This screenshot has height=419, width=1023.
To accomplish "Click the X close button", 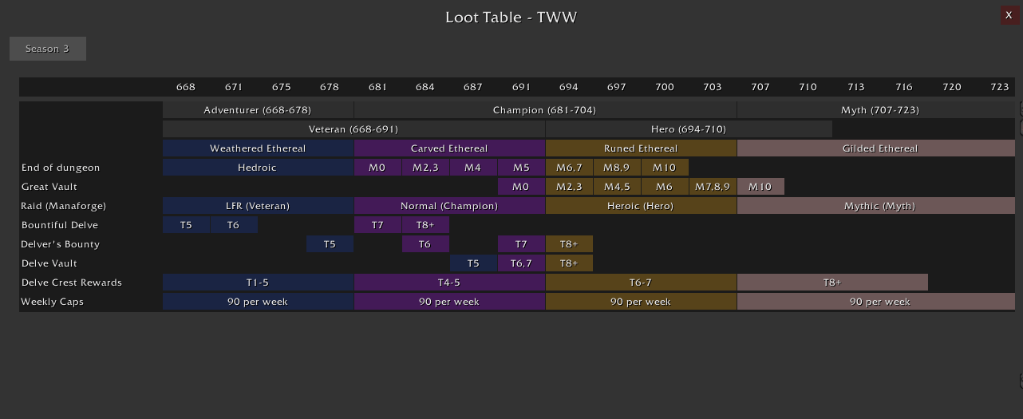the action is coord(1009,15).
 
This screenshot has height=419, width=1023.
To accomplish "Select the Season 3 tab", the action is coord(48,49).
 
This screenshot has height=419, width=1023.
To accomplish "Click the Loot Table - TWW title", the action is coord(511,18).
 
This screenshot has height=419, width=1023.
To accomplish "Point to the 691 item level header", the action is coord(521,87).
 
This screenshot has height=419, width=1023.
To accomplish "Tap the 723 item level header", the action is coord(1000,87).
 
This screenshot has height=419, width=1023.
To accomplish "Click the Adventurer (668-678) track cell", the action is coord(258,110).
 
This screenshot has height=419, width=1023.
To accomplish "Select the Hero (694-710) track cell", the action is coord(689,129).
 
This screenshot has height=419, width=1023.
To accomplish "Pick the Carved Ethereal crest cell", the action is coord(449,148).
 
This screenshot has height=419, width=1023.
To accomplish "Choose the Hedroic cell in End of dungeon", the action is coord(258,168).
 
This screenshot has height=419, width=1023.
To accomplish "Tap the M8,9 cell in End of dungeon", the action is coord(617,168).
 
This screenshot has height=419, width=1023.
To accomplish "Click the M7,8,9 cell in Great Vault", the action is coord(713,187).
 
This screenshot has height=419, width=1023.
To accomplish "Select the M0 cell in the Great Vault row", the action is coord(521,187).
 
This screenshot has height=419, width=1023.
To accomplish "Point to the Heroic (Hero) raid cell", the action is coord(641,206).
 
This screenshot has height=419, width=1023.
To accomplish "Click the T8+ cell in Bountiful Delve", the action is coord(425,225).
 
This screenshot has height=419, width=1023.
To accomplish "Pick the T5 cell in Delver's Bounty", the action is coord(330,244).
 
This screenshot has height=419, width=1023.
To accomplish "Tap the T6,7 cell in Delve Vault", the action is coord(521,263).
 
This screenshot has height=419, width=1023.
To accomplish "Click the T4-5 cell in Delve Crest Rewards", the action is coord(449,283).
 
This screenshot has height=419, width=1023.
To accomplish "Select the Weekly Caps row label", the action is coord(53,302).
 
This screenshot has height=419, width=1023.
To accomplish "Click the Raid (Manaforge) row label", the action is coord(64,206).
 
